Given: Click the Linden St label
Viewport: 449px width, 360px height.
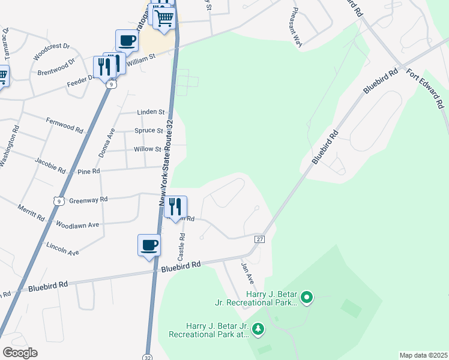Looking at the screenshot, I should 151,112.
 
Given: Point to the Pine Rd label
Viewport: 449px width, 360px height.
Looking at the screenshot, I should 88,172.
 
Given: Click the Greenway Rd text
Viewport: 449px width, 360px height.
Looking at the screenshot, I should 88,200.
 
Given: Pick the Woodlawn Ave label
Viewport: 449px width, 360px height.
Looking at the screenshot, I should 77,225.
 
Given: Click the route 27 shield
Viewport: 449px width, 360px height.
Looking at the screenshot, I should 259,239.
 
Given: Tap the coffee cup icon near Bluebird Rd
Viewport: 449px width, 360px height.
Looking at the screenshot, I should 149,245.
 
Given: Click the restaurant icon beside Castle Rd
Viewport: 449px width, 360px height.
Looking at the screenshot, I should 175,207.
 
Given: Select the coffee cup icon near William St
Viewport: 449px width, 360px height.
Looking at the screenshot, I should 127,41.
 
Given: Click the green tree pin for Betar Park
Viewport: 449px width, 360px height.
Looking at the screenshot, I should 258,328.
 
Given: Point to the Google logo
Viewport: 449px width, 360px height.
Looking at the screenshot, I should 20,352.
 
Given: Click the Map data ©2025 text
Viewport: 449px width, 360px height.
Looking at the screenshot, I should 423,355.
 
